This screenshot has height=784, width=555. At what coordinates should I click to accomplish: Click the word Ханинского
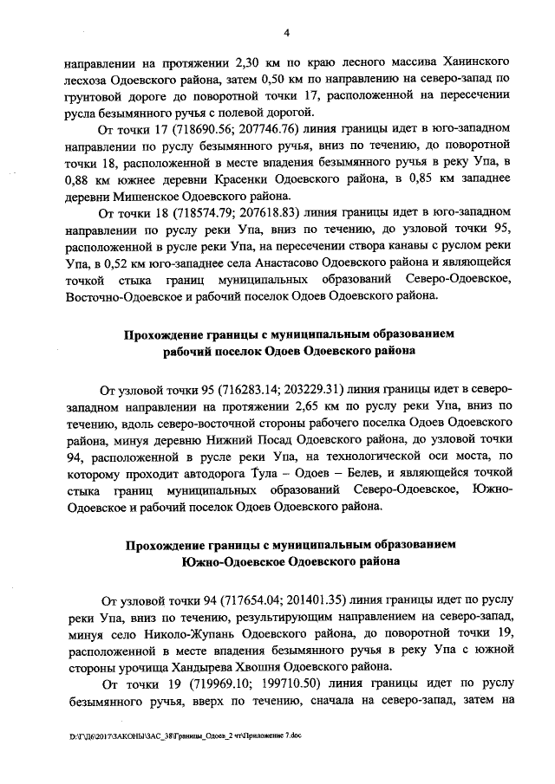[467, 64]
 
